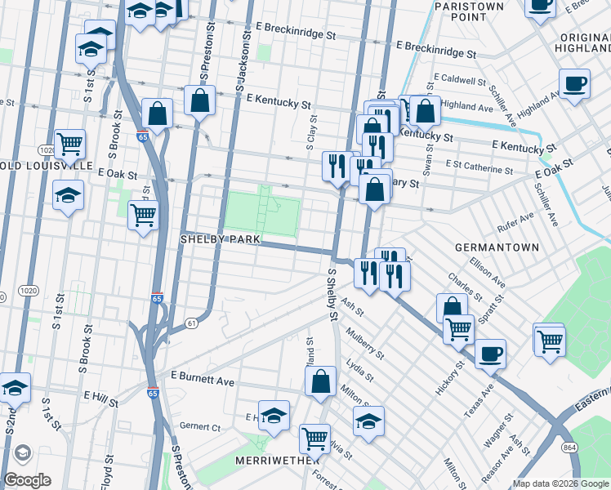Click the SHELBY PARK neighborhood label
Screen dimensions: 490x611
pyautogui.click(x=220, y=239)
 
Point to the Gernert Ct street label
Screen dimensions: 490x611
pyautogui.click(x=200, y=427)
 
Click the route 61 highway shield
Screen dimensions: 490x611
pyautogui.click(x=191, y=323)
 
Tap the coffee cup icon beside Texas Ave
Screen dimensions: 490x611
pyautogui.click(x=490, y=354)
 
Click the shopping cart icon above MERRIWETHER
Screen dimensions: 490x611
pyautogui.click(x=314, y=438)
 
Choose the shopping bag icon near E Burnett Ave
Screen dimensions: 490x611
pyautogui.click(x=321, y=381)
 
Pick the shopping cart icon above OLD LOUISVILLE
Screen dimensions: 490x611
pyautogui.click(x=70, y=144)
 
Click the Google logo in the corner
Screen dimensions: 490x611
pyautogui.click(x=28, y=480)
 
